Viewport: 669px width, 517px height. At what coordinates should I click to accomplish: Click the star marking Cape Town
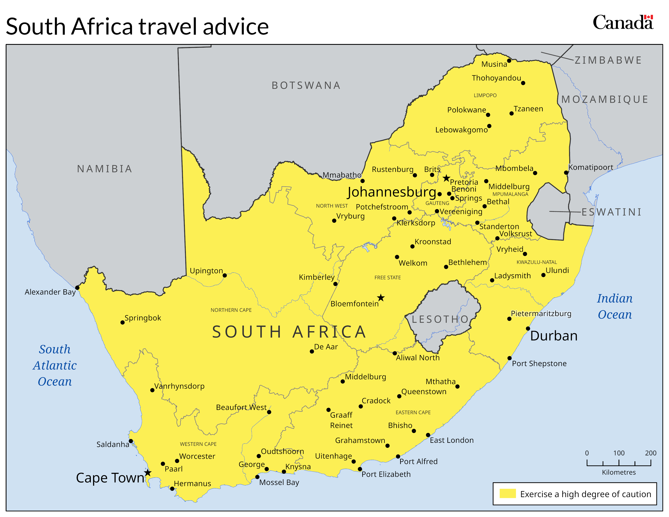click(148, 473)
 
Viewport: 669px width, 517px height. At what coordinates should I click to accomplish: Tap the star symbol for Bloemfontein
click(381, 298)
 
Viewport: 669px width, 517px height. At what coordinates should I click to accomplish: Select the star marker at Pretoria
click(446, 178)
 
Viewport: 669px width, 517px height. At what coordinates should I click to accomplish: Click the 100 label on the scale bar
click(619, 453)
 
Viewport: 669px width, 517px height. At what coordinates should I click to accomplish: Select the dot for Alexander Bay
click(77, 288)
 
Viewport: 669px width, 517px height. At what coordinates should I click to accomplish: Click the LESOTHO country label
click(440, 320)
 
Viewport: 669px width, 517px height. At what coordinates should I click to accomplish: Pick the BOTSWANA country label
click(306, 85)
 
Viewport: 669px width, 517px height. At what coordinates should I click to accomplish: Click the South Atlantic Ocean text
click(55, 365)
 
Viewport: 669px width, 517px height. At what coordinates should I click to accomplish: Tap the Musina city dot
click(509, 61)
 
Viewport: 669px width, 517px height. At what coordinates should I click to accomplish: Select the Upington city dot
click(225, 275)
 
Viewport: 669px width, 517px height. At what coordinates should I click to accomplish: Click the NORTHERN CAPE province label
click(231, 310)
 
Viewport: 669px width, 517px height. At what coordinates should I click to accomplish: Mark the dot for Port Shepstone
click(509, 358)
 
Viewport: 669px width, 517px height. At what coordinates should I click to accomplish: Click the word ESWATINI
click(611, 212)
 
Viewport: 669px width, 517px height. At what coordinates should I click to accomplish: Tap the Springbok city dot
click(122, 323)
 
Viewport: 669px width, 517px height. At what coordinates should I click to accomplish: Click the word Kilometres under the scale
click(619, 472)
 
